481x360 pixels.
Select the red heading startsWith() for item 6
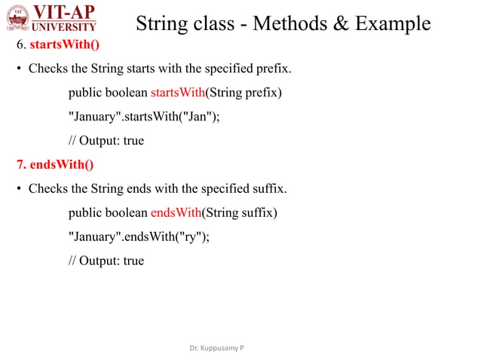click(x=65, y=45)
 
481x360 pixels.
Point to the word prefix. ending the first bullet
click(x=273, y=69)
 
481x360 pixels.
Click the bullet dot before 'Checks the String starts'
click(x=20, y=69)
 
